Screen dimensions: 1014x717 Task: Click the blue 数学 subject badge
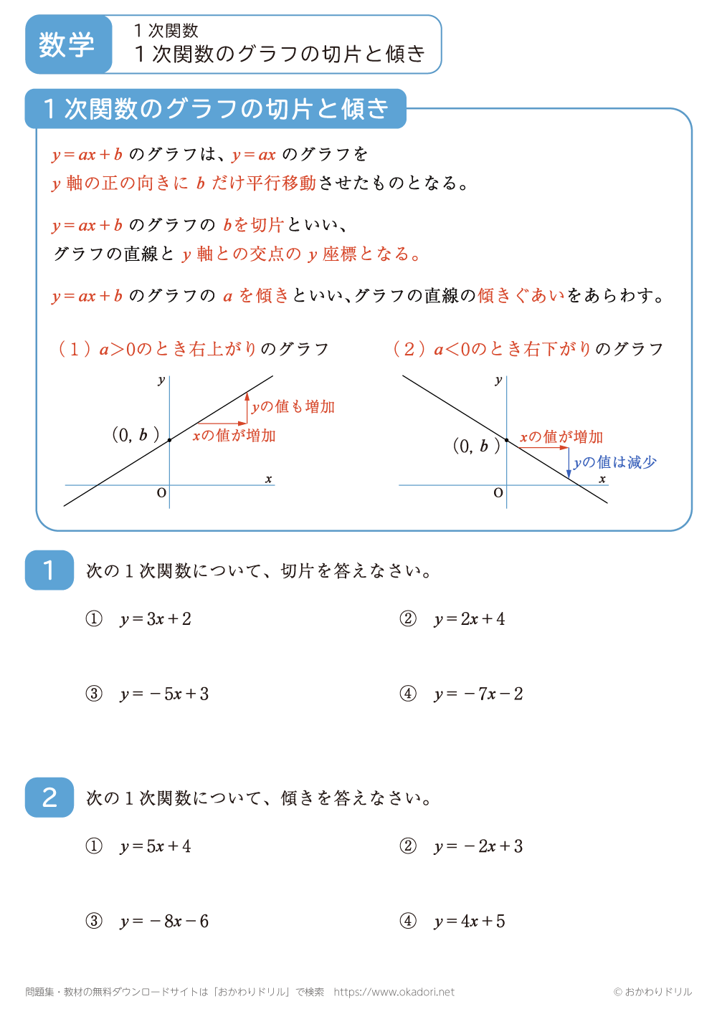[x=67, y=44]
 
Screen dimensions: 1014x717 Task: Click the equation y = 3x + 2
[x=156, y=619]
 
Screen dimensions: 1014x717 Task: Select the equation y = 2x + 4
[x=469, y=619]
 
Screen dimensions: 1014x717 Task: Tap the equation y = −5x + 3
[x=164, y=694]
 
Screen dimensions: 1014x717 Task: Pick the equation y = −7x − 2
[x=478, y=694]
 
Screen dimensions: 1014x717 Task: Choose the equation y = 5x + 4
[x=156, y=846]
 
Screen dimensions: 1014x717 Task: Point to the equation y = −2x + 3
[x=478, y=846]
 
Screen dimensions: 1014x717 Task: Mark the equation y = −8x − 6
[x=164, y=922]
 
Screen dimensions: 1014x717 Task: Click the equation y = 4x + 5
[x=469, y=922]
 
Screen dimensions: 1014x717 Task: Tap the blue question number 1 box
[x=49, y=570]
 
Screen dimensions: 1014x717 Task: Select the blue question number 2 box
[x=49, y=798]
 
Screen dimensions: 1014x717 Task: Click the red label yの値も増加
[x=293, y=407]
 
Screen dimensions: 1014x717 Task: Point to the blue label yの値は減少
[x=615, y=462]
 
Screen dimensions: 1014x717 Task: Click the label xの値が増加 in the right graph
[x=561, y=437]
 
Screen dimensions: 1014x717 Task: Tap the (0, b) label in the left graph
[x=134, y=434]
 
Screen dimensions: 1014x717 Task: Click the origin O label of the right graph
[x=498, y=493]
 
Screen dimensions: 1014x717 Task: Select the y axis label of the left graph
[x=161, y=380]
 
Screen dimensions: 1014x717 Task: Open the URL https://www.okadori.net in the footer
[x=394, y=992]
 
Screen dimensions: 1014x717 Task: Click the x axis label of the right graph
[x=602, y=479]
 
